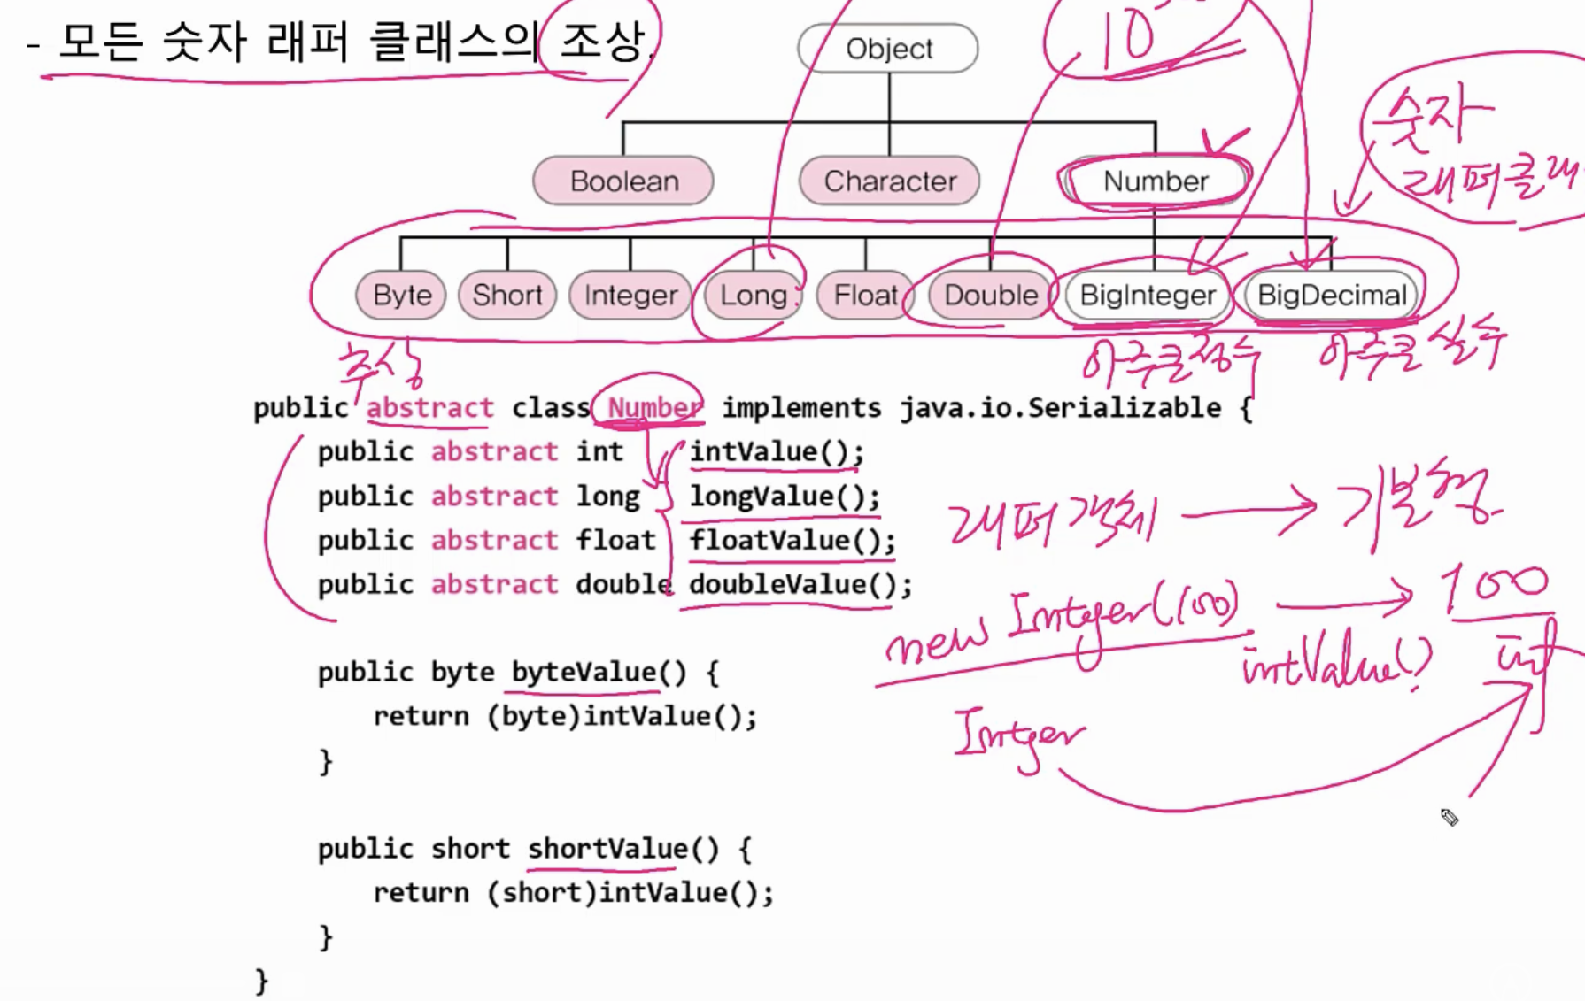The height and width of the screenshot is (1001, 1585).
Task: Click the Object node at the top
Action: coord(888,49)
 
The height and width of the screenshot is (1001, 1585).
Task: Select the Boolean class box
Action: coord(623,181)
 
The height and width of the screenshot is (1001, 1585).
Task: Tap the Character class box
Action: coord(889,181)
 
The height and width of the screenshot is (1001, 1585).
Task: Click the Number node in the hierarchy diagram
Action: coord(1155,181)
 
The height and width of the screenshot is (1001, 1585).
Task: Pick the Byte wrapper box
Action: coord(401,295)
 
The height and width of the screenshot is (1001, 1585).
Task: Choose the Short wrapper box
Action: coord(506,295)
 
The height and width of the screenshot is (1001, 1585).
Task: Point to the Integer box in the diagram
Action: coord(630,295)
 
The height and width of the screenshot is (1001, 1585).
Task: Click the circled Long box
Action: coord(753,295)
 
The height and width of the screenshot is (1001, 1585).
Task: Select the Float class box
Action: coord(865,295)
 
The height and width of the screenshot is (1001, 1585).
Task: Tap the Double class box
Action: coord(990,295)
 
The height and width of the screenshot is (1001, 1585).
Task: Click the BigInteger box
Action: coord(1148,295)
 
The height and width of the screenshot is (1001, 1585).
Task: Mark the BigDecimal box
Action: coord(1331,295)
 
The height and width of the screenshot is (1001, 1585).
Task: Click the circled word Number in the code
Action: coord(653,408)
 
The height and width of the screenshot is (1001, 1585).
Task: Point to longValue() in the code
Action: coord(785,497)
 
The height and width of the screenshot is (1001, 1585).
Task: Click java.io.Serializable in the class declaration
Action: coord(1060,408)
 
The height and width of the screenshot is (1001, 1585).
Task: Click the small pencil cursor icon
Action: coord(1449,817)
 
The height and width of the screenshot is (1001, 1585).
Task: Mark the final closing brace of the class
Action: coord(261,981)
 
